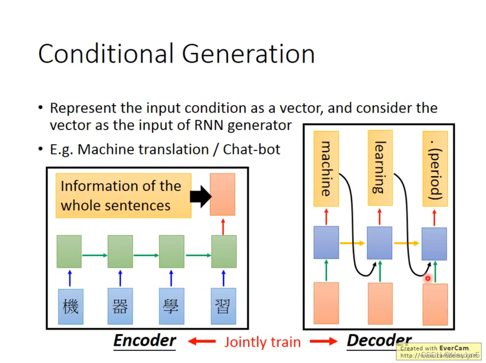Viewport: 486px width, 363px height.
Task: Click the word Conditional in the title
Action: click(106, 54)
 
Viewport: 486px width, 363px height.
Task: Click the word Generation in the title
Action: click(248, 54)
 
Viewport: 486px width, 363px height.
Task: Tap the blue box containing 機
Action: click(70, 306)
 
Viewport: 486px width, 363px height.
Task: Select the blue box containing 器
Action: click(120, 306)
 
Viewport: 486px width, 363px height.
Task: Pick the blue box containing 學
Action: click(171, 306)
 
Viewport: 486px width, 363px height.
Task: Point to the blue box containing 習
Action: click(223, 306)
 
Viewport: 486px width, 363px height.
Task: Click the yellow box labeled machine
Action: click(326, 169)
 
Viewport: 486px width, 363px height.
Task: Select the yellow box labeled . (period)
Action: click(435, 169)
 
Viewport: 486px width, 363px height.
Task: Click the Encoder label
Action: click(144, 341)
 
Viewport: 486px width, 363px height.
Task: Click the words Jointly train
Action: click(262, 342)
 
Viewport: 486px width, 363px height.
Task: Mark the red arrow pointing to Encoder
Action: click(202, 341)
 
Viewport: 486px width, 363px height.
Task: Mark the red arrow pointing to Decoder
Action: click(323, 341)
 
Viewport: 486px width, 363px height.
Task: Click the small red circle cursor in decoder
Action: click(428, 279)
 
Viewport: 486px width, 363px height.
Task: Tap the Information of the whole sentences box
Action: click(123, 196)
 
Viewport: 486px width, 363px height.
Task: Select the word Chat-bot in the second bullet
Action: click(251, 149)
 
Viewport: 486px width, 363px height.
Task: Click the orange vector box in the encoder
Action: click(222, 194)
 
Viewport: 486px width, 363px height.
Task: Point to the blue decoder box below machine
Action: click(326, 242)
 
